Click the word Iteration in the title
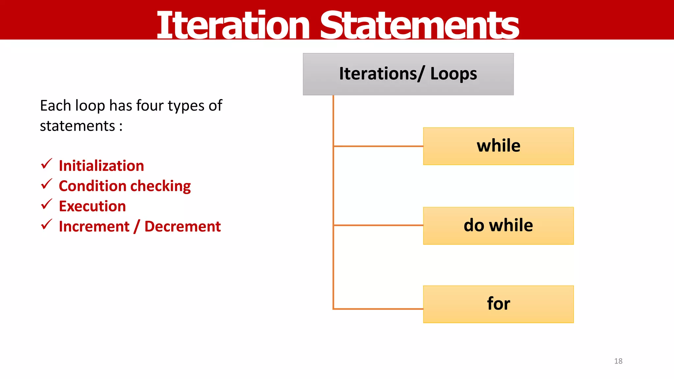[233, 25]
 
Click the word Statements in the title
[419, 25]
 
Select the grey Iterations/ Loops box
[408, 74]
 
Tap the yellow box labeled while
[498, 146]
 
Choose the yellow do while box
[498, 226]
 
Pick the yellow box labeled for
[498, 304]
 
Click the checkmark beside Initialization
[46, 164]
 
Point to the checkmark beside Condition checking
[46, 184]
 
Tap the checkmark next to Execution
[46, 204]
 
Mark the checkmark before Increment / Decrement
[46, 225]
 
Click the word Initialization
[101, 166]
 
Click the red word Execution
[92, 206]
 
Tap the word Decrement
[183, 227]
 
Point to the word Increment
[94, 227]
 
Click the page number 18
[618, 361]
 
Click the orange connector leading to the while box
[378, 146]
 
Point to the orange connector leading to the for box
[378, 309]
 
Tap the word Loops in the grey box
[454, 74]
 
